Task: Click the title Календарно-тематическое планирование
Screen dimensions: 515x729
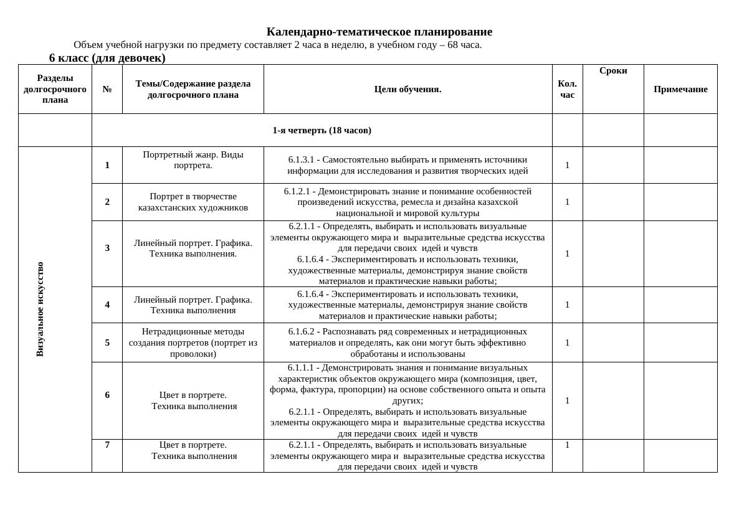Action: click(x=379, y=32)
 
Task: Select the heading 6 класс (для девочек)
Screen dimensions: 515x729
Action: click(x=107, y=58)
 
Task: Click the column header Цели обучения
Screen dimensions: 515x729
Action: click(x=407, y=89)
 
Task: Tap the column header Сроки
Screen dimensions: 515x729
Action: click(x=613, y=71)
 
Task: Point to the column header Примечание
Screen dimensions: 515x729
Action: click(x=680, y=89)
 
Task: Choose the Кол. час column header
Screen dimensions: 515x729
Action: click(x=567, y=89)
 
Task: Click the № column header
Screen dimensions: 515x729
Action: click(x=107, y=89)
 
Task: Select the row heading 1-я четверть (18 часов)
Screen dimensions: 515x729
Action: click(x=322, y=130)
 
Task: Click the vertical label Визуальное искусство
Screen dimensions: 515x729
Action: click(x=40, y=309)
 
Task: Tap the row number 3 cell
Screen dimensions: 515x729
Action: click(x=107, y=248)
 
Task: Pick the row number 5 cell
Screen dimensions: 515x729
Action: click(x=107, y=343)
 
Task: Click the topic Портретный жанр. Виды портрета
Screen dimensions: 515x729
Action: click(x=193, y=159)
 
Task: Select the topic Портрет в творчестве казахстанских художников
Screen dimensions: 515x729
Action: click(x=193, y=202)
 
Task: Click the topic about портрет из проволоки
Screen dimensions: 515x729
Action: click(x=193, y=343)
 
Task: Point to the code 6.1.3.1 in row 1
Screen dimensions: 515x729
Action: click(x=303, y=159)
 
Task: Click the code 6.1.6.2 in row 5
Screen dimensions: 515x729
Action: click(x=303, y=331)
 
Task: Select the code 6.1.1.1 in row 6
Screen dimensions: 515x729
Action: click(x=302, y=367)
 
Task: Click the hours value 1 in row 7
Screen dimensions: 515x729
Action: click(x=567, y=445)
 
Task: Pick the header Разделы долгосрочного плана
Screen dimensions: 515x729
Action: click(x=55, y=89)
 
